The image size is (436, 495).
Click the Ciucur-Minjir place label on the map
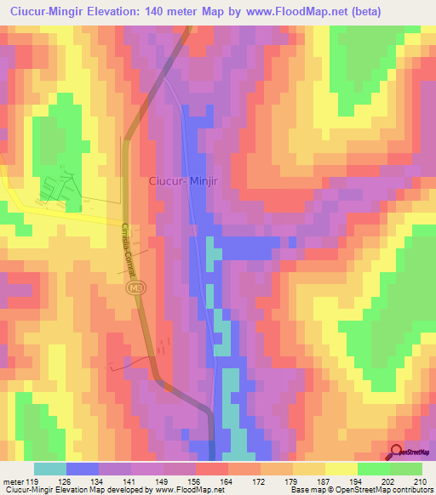pyautogui.click(x=184, y=180)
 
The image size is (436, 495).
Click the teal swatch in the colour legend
pyautogui.click(x=50, y=469)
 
